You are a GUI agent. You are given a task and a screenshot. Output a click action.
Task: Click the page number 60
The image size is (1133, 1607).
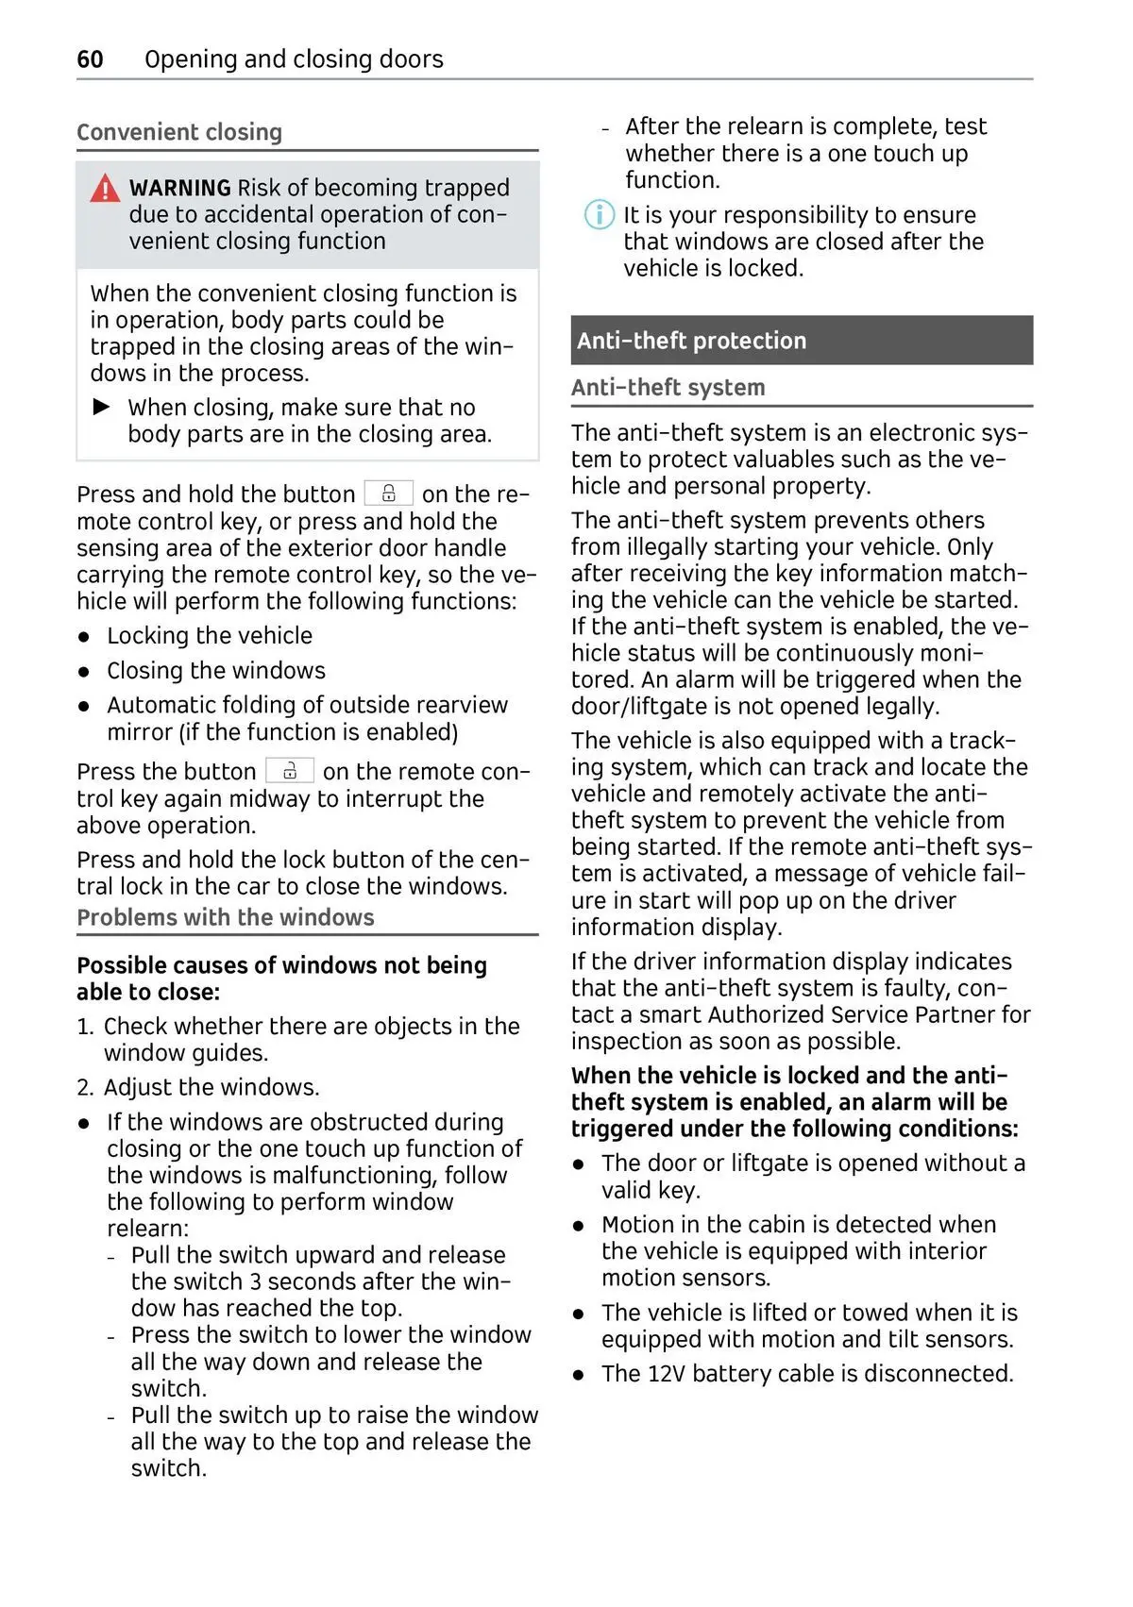point(90,59)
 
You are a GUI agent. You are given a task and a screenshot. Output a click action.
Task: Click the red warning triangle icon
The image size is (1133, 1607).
point(105,189)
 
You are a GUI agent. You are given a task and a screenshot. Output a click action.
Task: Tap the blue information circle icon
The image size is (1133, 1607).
point(599,215)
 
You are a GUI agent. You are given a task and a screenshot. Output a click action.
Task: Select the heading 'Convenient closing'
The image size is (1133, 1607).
point(179,132)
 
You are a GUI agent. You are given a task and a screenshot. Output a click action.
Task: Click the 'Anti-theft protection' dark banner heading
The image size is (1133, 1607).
point(691,341)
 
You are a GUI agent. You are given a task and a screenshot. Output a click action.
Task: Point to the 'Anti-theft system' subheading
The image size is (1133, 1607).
point(668,388)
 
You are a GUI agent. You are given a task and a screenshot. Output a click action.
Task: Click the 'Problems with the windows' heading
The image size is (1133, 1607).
point(226,917)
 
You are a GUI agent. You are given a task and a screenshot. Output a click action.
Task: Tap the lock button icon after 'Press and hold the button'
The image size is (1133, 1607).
point(388,494)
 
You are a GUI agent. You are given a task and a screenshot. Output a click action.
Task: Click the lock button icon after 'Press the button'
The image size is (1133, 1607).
point(289,771)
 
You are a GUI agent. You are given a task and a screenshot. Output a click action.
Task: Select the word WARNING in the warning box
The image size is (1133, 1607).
point(179,188)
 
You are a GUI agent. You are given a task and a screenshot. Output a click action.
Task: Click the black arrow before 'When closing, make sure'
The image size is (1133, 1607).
point(102,407)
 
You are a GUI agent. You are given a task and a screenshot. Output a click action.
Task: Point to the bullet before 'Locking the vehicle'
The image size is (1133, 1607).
point(85,637)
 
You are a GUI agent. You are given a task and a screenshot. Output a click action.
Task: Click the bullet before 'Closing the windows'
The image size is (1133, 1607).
point(85,672)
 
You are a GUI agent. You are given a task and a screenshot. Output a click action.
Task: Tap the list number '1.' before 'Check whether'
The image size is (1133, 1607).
point(85,1027)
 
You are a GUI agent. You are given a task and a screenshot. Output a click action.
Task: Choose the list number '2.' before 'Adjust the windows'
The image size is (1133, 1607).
point(85,1088)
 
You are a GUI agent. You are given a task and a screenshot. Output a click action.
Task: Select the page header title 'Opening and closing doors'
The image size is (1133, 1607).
point(294,59)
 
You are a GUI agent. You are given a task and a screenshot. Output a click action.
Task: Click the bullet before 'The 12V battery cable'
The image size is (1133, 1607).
point(579,1375)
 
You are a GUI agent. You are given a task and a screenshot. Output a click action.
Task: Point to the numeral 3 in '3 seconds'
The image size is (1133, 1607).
point(255,1281)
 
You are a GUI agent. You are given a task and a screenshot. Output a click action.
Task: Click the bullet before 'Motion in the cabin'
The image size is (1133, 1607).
point(579,1226)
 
